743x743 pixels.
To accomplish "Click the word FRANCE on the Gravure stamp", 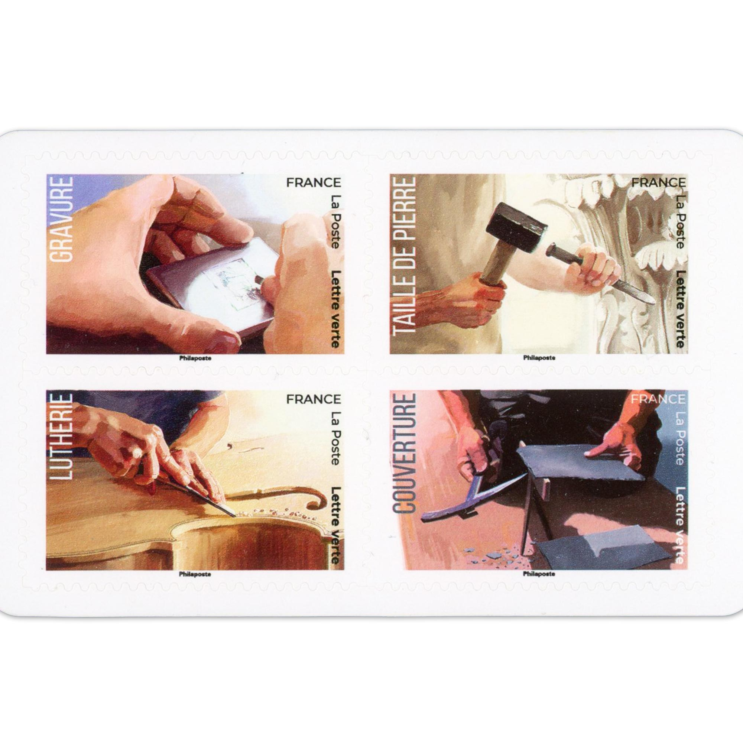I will (x=314, y=182).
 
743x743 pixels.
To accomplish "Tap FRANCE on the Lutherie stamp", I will (x=314, y=399).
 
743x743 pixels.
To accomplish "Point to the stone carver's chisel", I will (x=600, y=275).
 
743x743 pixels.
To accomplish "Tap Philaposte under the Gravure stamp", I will (x=195, y=358).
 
